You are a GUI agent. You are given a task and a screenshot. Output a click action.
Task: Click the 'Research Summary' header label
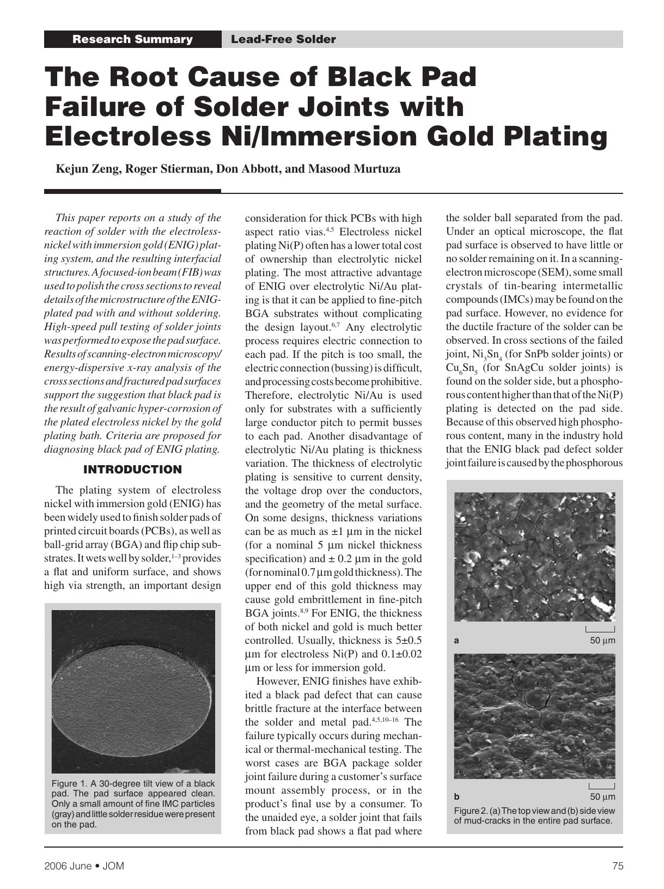coord(132,39)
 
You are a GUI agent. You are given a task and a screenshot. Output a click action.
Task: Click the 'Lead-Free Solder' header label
coord(283,39)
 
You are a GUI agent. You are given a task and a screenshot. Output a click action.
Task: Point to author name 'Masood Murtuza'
coord(354,169)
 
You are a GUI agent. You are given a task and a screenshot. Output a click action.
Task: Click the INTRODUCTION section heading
coord(132,470)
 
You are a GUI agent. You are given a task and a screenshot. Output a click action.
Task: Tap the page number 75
coord(617,866)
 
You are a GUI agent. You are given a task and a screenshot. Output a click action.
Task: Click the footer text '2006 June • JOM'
coord(84,866)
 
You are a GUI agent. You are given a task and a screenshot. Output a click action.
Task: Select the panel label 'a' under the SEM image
coord(456,641)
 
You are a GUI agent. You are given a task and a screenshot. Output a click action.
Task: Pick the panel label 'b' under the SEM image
coord(456,796)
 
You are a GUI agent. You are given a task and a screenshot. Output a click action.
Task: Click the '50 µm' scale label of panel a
coord(602,641)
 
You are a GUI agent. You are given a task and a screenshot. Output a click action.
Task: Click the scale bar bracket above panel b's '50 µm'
coord(602,786)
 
